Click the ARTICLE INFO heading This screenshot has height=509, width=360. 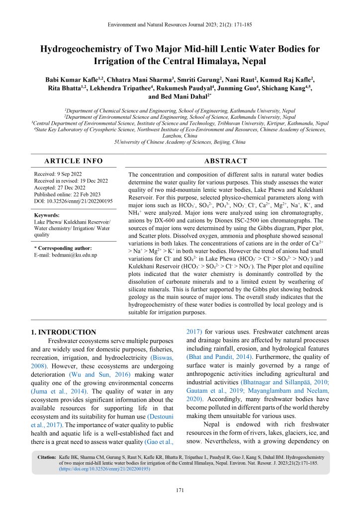(74, 161)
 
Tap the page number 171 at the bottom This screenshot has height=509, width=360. (180, 491)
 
